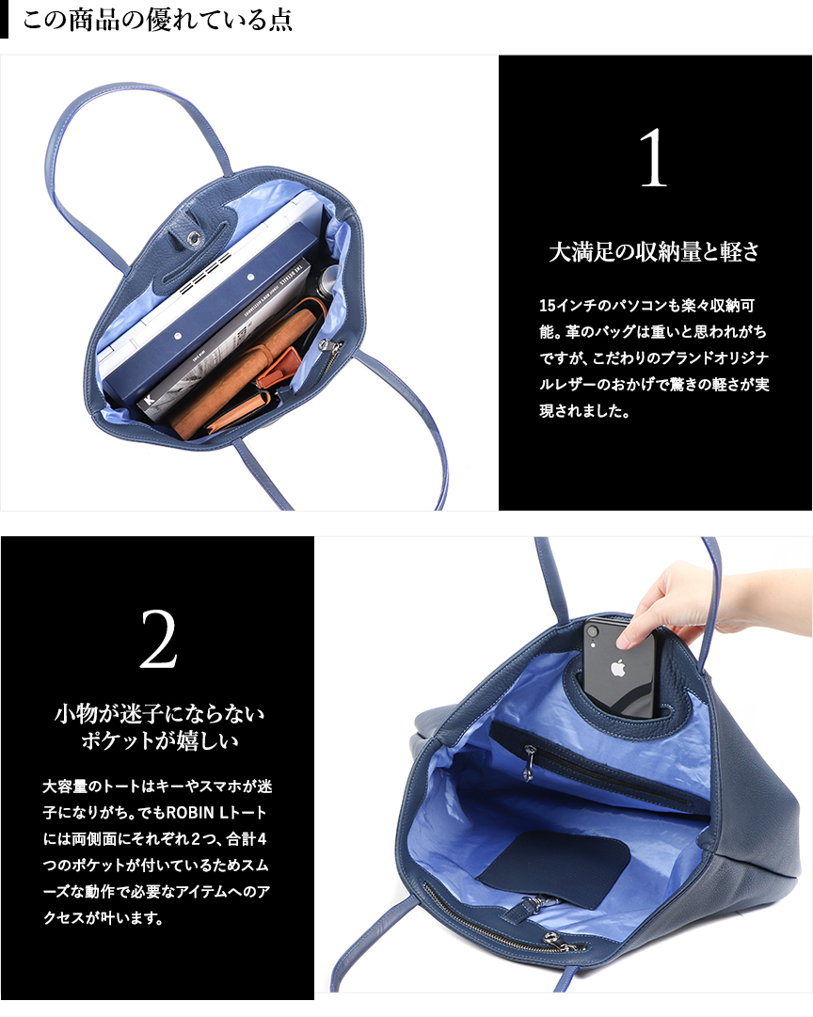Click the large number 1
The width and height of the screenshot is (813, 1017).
[x=653, y=158]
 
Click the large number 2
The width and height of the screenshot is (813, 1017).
[x=158, y=640]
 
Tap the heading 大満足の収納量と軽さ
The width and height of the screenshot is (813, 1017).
[x=654, y=251]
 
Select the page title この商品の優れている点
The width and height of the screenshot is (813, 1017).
[x=158, y=20]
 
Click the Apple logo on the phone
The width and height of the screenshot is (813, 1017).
[x=617, y=667]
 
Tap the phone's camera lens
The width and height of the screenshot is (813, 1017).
[x=592, y=630]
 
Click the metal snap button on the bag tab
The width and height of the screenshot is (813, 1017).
[x=193, y=239]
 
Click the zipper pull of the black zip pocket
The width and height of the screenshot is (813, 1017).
[x=530, y=763]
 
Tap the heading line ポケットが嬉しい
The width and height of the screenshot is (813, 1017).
[x=160, y=740]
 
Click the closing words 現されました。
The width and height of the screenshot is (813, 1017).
[x=584, y=411]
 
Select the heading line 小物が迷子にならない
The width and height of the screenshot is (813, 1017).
[x=160, y=713]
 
